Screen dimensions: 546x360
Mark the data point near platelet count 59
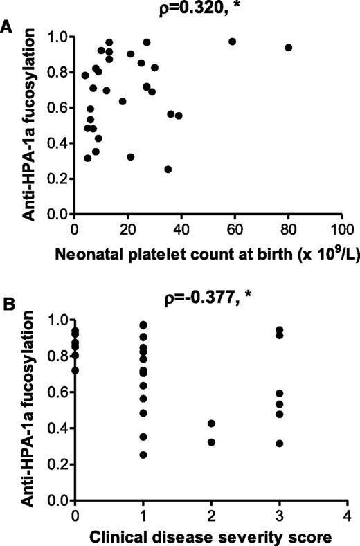coord(233,42)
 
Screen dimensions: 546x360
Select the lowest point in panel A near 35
coord(168,170)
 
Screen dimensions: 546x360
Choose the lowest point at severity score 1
coord(143,455)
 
